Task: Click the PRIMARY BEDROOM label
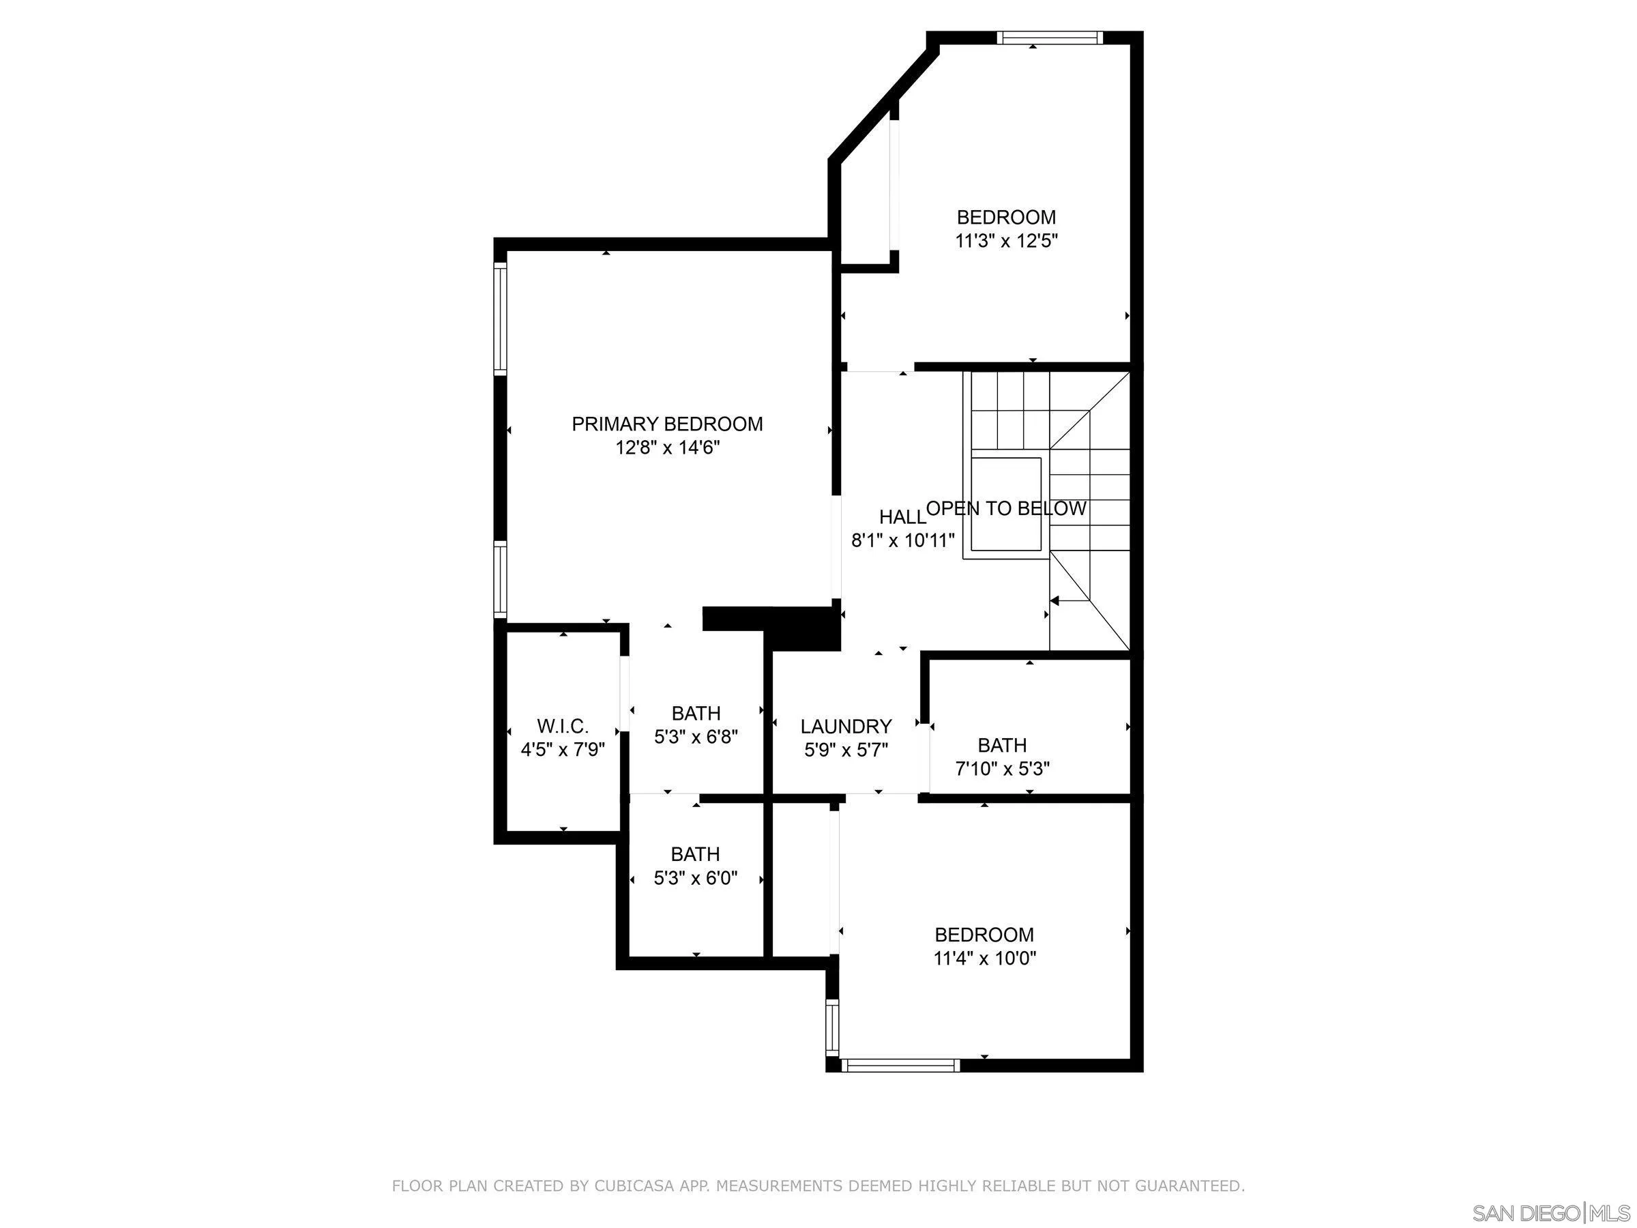click(x=667, y=424)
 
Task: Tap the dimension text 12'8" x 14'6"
click(x=667, y=448)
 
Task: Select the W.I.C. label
click(x=563, y=725)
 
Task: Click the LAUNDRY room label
click(x=846, y=726)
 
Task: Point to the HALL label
click(x=902, y=516)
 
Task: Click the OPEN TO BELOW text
click(x=1006, y=508)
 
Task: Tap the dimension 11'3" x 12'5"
click(x=1006, y=241)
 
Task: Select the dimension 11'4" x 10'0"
click(x=984, y=959)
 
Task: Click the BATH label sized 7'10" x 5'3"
click(x=1002, y=745)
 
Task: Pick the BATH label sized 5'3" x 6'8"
click(x=696, y=713)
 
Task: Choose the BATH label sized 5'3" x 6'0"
click(x=695, y=854)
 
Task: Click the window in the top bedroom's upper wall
click(x=1048, y=38)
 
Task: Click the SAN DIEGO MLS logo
click(x=1550, y=1213)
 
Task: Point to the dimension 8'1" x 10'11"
click(x=903, y=540)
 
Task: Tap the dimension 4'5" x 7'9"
click(x=563, y=750)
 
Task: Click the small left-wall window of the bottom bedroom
click(x=833, y=1028)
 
